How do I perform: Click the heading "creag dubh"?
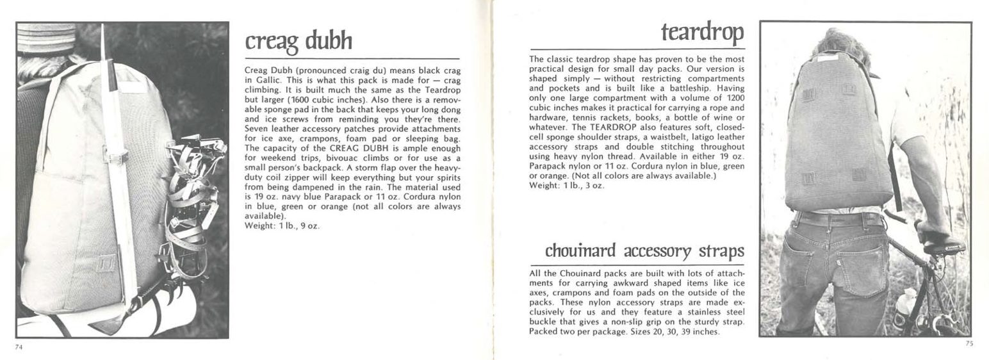coord(298,41)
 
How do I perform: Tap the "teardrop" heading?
coord(702,31)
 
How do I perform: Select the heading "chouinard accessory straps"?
coord(644,250)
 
